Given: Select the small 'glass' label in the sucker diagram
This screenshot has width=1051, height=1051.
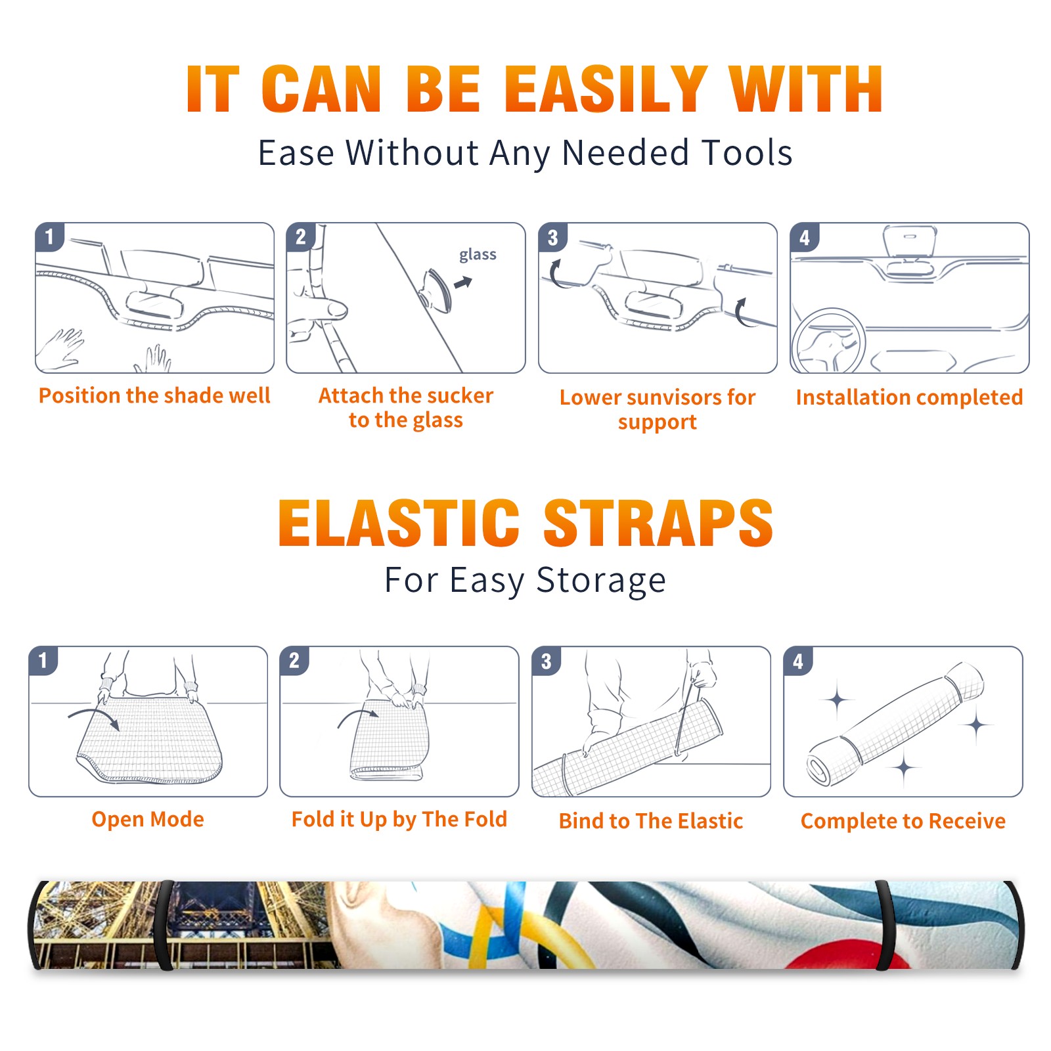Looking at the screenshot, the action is point(478,255).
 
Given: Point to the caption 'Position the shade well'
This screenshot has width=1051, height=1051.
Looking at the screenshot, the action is point(154,395).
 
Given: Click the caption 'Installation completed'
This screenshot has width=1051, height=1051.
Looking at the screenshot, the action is point(909,397).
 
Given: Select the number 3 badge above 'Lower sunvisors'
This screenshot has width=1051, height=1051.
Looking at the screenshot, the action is point(552,237).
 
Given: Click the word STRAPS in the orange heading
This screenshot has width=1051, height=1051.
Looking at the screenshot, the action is point(659,523).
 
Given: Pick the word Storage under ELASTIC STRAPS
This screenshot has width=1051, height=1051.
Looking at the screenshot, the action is point(601,581).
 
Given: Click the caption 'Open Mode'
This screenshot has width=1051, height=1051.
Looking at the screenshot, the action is point(148,819).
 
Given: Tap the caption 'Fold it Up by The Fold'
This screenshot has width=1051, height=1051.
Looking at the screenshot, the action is point(399,819).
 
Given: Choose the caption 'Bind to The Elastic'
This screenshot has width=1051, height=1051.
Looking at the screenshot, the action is point(651,820).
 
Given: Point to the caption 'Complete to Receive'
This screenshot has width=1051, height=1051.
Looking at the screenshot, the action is point(903,821).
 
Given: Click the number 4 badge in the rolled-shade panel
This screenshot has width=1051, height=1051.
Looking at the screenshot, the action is point(798,661).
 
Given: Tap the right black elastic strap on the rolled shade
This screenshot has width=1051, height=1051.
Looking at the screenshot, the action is point(884,925).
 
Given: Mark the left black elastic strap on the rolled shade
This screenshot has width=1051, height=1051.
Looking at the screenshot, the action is point(164,925).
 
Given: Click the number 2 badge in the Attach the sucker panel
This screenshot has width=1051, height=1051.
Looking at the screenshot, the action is point(301,237).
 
